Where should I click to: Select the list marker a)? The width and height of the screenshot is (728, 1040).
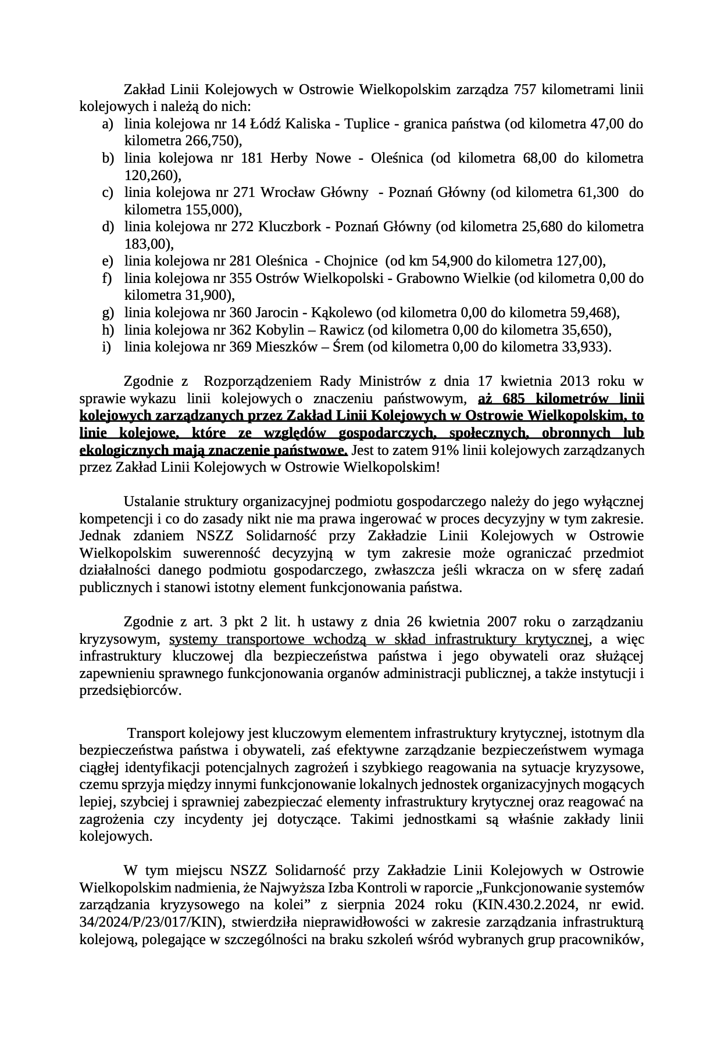point(108,124)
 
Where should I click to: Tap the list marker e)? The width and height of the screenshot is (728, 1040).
point(108,261)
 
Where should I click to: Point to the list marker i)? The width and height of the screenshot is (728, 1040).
point(107,347)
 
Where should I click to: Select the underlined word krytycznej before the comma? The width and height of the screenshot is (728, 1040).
point(558,639)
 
